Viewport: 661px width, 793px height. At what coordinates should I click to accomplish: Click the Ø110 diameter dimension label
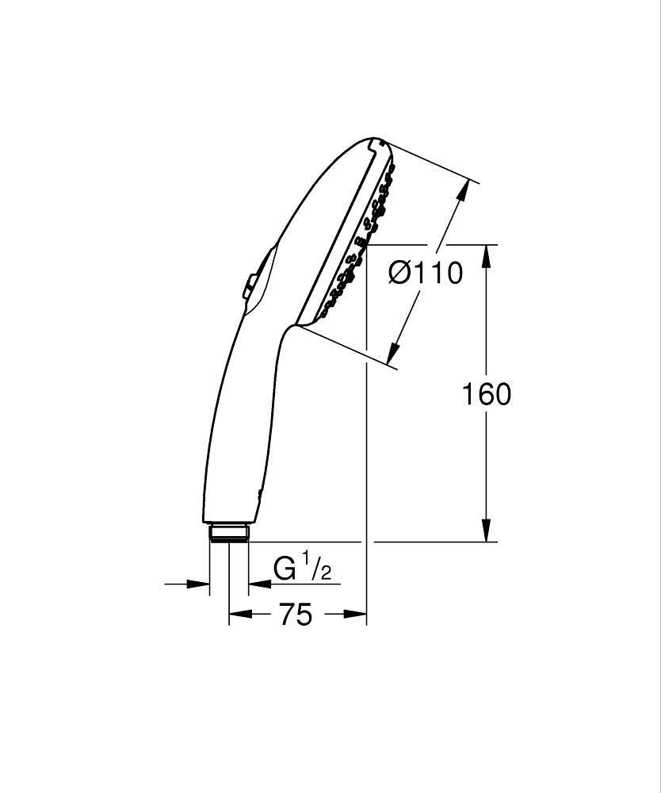(426, 273)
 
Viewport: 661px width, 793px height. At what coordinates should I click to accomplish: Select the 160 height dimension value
(487, 394)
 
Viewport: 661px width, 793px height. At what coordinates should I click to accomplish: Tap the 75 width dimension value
(296, 614)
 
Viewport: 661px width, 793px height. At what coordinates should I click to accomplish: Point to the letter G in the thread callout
(284, 569)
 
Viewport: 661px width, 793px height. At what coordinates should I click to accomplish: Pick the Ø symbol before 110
(399, 273)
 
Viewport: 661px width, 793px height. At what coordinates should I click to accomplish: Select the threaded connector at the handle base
(229, 532)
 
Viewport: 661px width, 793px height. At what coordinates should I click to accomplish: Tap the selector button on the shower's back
(250, 286)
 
